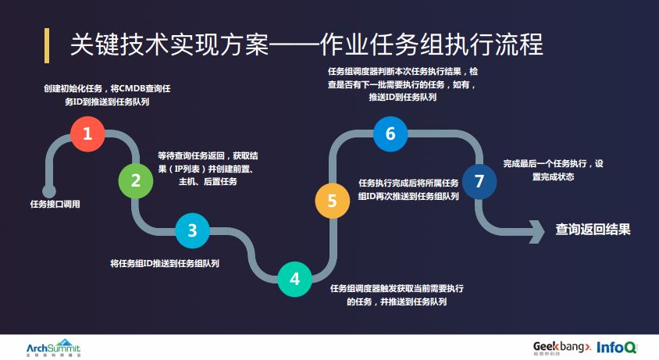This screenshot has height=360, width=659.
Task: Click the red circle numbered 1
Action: (87, 134)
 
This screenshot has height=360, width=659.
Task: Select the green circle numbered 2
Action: (136, 181)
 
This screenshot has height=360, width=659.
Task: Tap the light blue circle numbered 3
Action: (192, 230)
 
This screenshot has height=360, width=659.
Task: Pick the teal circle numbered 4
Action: (294, 279)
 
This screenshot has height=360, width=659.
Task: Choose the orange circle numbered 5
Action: (332, 201)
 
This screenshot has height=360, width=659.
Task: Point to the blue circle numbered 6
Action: (390, 134)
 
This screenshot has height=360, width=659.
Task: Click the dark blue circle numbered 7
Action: (479, 181)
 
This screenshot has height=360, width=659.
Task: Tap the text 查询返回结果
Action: (593, 230)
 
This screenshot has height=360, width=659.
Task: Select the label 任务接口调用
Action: (55, 205)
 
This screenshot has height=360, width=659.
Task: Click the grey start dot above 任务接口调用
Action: (49, 191)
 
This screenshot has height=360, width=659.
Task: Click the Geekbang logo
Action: (561, 347)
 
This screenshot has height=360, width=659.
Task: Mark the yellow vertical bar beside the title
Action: (47, 45)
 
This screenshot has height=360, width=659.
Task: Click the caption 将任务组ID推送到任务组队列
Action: (165, 263)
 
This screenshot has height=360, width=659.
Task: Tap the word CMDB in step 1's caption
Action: (135, 88)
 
